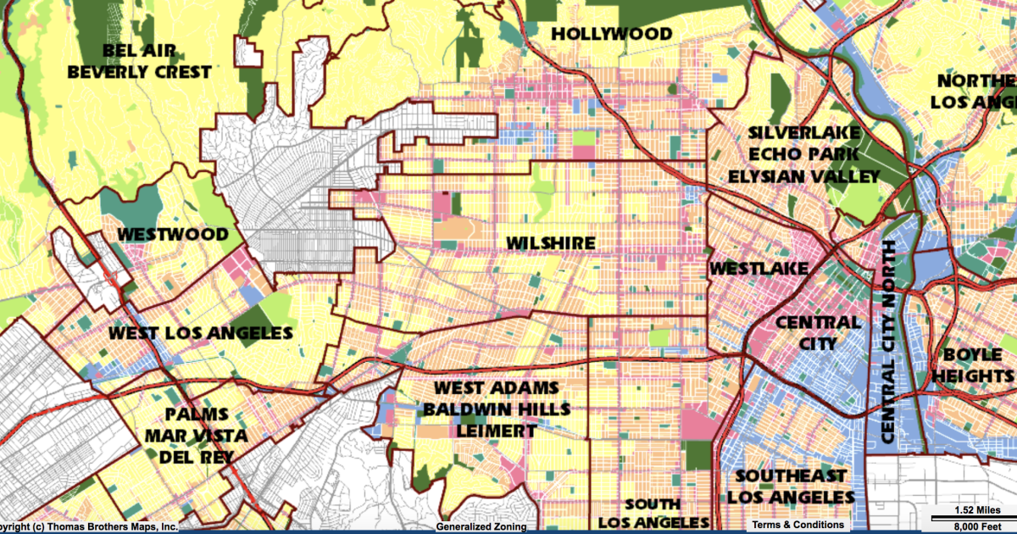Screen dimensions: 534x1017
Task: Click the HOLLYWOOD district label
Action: (x=611, y=34)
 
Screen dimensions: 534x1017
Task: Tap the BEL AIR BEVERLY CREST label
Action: (x=139, y=61)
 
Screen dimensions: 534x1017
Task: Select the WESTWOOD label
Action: (x=173, y=234)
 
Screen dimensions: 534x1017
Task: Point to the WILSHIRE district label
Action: (x=551, y=243)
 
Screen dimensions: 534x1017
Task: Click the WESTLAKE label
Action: (x=759, y=269)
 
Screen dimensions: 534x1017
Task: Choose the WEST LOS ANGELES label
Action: (x=201, y=333)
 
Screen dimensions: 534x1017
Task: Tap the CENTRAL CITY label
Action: (x=818, y=333)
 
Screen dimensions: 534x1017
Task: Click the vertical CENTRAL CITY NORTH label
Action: (x=888, y=341)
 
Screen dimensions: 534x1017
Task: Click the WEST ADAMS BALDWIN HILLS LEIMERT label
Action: (x=497, y=409)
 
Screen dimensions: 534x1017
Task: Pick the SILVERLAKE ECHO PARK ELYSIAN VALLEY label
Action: (x=804, y=154)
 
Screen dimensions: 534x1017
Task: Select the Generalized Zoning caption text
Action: (x=481, y=526)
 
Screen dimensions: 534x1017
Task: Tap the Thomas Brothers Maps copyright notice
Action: (x=89, y=526)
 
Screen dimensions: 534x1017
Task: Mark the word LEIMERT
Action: (x=497, y=431)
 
